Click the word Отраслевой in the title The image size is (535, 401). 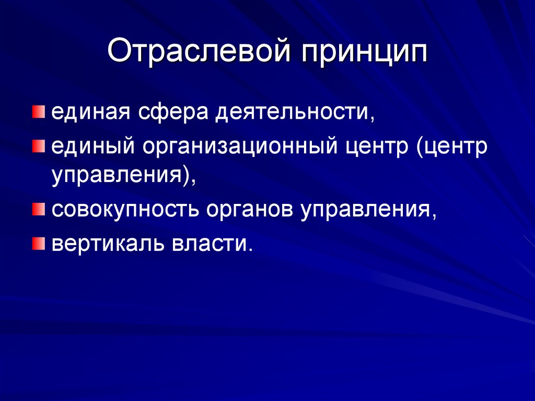coord(197,53)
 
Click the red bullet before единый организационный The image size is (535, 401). coord(39,146)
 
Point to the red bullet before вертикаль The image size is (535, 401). coord(39,243)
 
